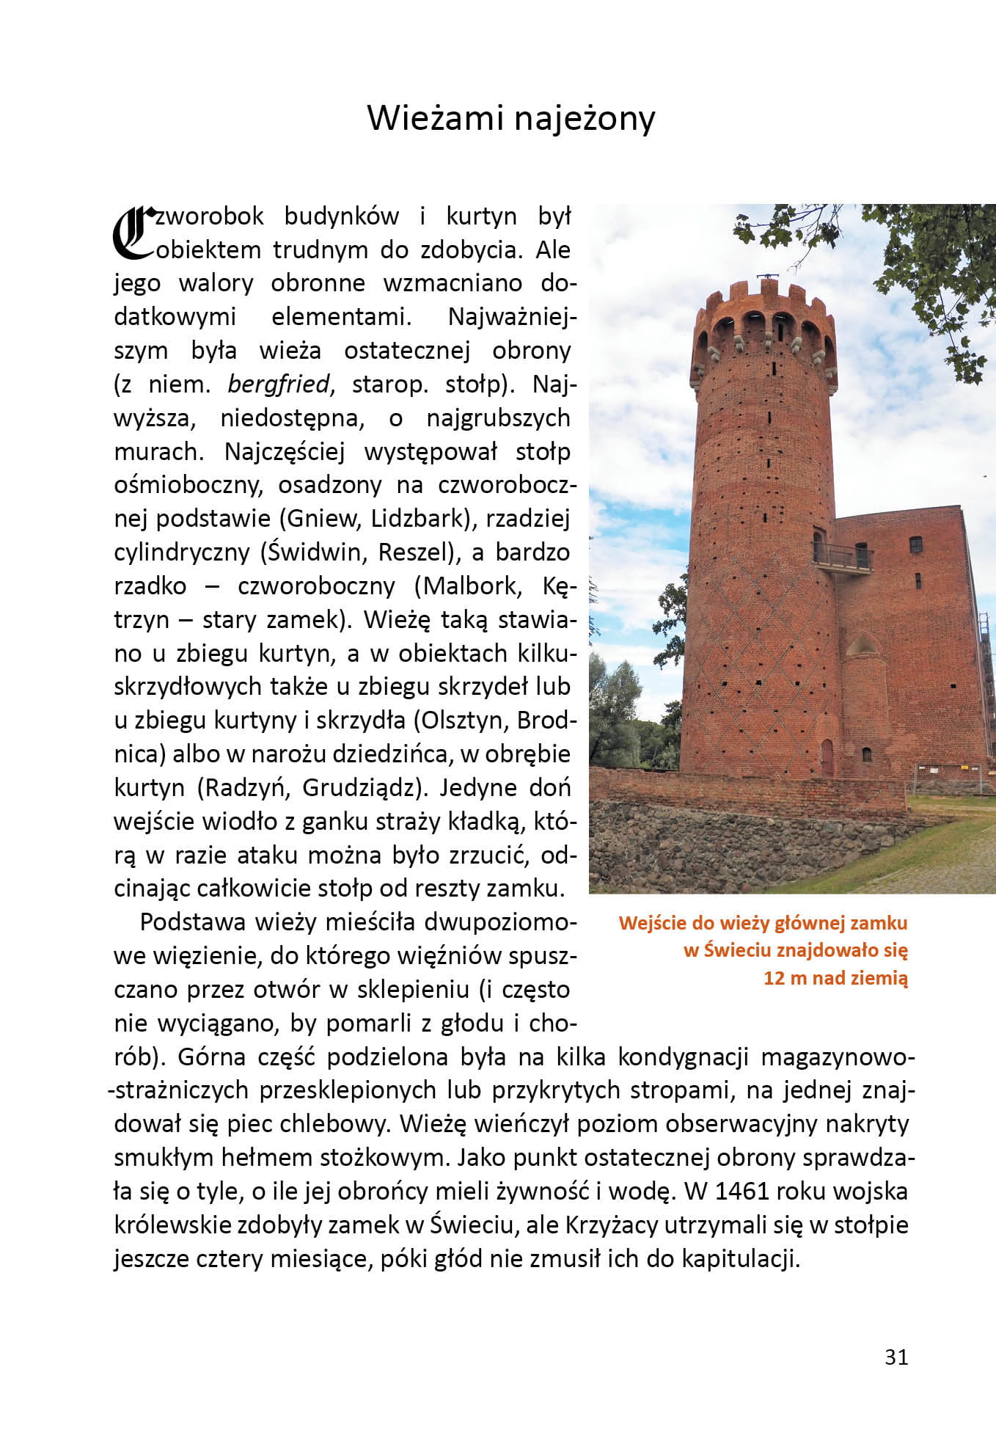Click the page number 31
point(896,1357)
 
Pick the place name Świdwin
point(313,552)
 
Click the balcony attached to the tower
point(843,558)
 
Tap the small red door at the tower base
point(827,756)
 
